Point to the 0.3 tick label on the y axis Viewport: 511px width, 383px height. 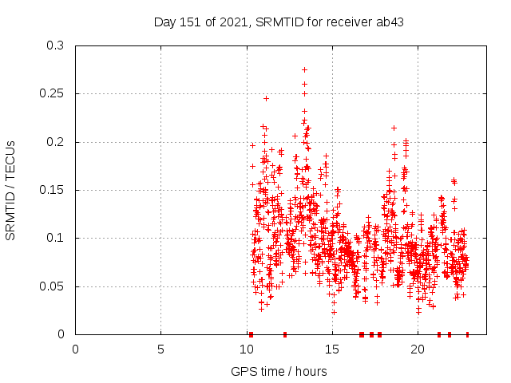click(55, 46)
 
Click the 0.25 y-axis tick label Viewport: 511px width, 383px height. click(52, 94)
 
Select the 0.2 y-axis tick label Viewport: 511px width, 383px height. click(55, 142)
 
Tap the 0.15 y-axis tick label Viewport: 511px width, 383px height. click(52, 190)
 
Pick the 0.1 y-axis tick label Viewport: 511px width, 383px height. click(55, 238)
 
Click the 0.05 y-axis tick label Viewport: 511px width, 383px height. click(52, 286)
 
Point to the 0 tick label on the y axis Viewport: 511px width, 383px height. click(61, 334)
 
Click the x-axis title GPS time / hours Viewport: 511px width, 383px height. click(279, 371)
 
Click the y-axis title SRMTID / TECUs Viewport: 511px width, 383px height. click(11, 190)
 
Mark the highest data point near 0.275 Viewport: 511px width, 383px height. click(304, 69)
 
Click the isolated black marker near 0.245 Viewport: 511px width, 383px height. click(266, 98)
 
